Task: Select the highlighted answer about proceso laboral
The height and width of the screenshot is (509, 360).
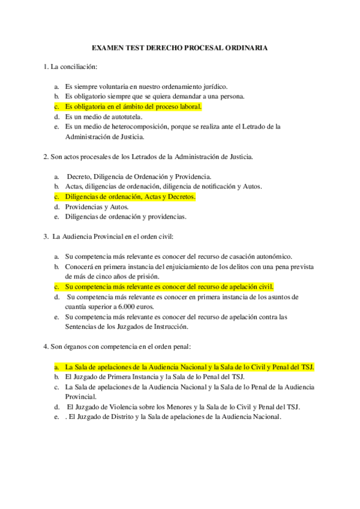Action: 133,107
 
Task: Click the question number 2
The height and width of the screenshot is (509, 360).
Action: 46,157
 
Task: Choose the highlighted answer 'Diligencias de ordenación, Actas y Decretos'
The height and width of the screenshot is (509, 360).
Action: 131,196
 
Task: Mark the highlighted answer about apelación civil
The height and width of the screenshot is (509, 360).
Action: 169,286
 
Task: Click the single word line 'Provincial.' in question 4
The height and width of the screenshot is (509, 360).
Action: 80,396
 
